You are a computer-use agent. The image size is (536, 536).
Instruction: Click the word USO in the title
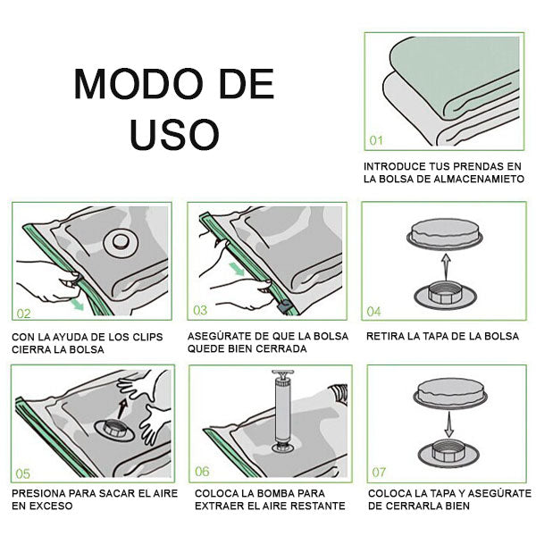point(174,134)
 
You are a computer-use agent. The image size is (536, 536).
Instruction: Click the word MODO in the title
point(137,84)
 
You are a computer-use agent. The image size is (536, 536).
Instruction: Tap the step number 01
point(376,140)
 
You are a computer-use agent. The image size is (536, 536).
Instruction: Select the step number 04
point(373,312)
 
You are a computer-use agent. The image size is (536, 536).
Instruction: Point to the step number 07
point(379,473)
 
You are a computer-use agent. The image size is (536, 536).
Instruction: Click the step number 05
point(23,473)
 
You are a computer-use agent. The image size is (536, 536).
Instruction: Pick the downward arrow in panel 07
point(448,423)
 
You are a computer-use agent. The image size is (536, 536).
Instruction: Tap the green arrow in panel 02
point(77,305)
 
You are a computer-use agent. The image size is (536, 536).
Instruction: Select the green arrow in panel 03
point(237,268)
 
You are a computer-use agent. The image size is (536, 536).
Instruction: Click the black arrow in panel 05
point(122,408)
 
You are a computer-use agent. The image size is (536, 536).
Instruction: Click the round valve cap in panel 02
point(121,243)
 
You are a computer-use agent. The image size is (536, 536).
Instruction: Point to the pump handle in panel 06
point(282,373)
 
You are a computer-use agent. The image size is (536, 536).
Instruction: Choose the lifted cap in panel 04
point(445,234)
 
